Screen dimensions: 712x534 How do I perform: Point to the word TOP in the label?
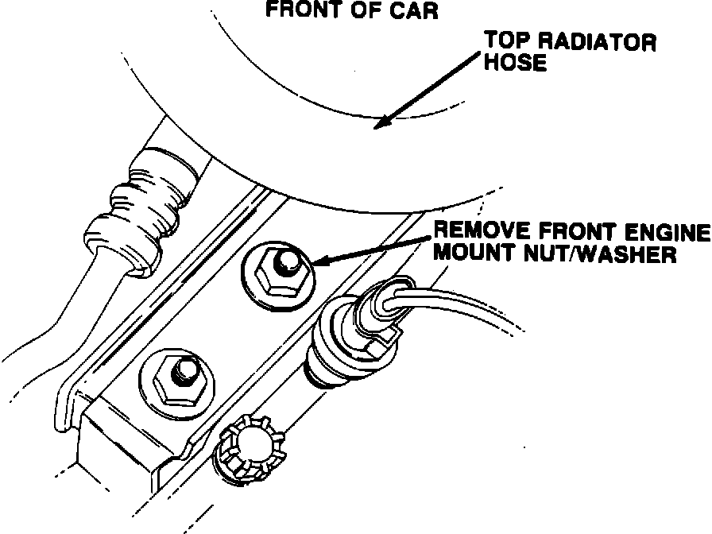click(x=507, y=42)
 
